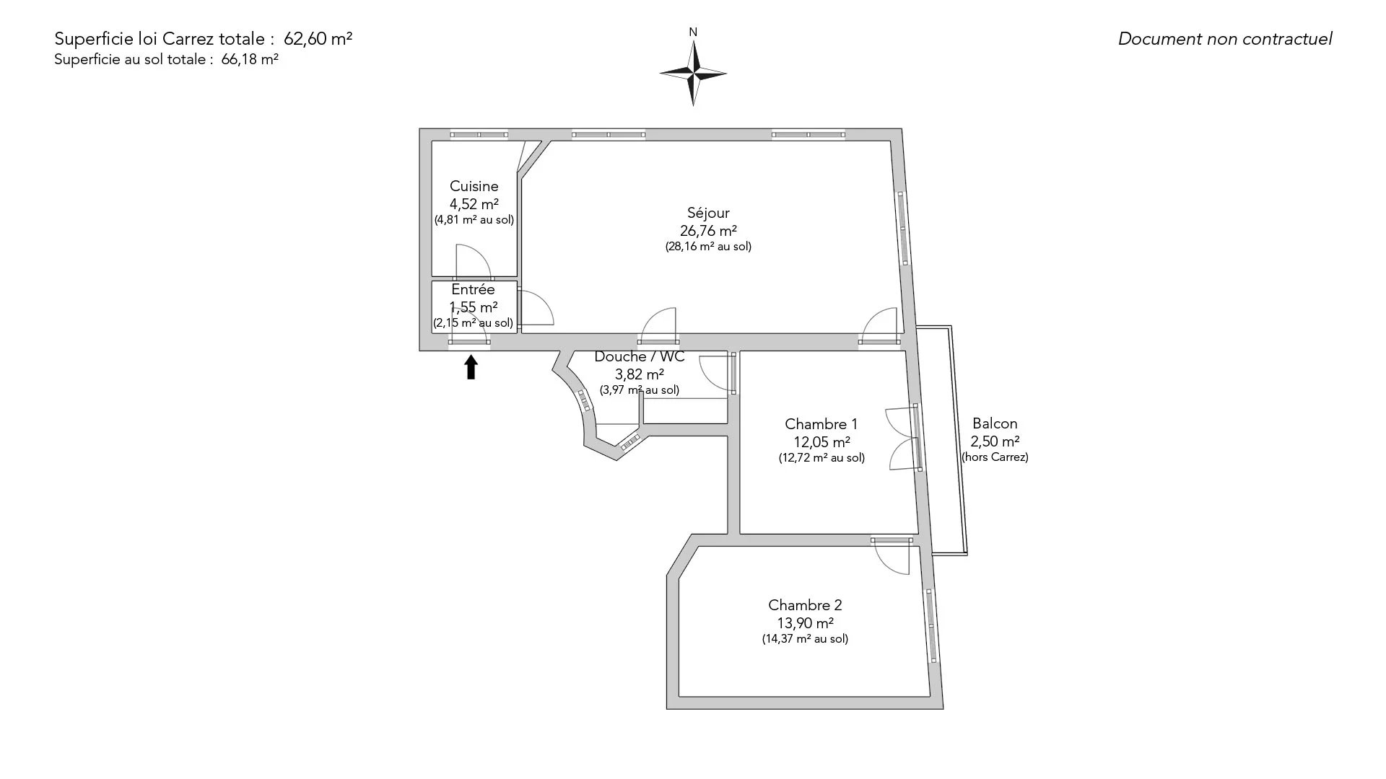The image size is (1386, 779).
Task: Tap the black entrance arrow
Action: [471, 366]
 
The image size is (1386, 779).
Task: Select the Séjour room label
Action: [708, 213]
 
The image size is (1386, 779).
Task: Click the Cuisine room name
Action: [474, 186]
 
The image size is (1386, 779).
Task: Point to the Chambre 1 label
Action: [821, 424]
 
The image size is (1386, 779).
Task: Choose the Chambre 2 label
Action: [805, 605]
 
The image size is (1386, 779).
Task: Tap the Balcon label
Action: [995, 423]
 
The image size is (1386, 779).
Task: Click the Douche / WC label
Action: [639, 357]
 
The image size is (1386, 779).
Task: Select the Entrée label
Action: [473, 289]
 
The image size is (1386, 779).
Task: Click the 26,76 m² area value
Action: [708, 231]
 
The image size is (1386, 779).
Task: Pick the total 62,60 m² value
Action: [318, 39]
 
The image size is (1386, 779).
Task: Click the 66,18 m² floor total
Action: [250, 60]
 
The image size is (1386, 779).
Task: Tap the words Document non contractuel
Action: [1225, 39]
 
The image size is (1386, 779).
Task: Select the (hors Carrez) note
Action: [995, 457]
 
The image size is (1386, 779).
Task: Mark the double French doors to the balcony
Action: [902, 439]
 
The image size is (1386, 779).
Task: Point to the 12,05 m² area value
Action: [821, 441]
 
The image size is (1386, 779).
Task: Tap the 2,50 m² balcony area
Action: [995, 441]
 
